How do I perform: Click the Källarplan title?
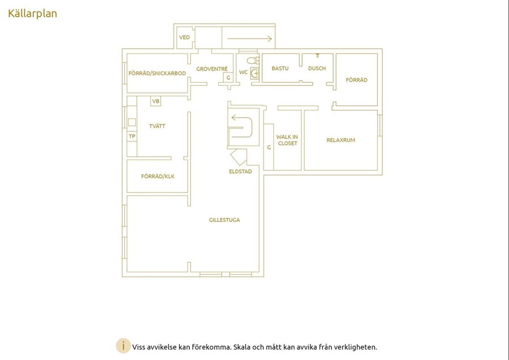point(32,14)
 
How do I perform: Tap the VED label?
point(184,37)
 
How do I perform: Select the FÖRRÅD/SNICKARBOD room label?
point(157,73)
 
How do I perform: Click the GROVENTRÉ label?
point(212,69)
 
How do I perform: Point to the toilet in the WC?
point(253,61)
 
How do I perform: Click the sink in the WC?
point(255,73)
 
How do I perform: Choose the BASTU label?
point(280,68)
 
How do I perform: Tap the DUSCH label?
point(317,68)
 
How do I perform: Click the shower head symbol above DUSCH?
point(317,55)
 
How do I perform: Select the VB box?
point(156,101)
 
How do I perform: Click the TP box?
point(132,136)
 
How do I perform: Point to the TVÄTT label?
point(157,126)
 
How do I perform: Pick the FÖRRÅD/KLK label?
point(158,177)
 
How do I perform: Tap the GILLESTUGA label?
point(225,220)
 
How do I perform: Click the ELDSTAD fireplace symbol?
point(239,157)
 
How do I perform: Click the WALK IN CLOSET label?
point(287,140)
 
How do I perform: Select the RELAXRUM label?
point(341,140)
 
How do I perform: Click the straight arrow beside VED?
point(249,38)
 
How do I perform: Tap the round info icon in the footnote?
point(123,346)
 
